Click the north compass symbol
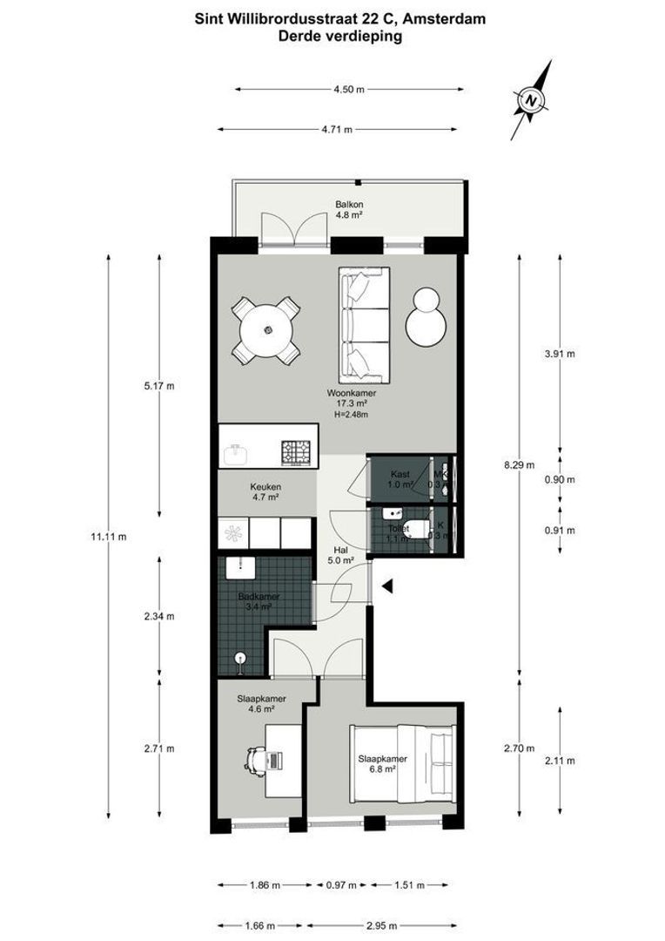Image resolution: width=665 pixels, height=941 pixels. [530, 100]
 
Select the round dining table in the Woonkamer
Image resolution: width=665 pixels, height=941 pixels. [267, 330]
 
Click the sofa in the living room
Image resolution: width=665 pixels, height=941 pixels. [366, 325]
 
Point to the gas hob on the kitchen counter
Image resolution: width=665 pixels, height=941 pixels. [294, 451]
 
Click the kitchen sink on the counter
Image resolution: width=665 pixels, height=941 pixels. [235, 451]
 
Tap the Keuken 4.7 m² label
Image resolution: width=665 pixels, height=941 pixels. [265, 492]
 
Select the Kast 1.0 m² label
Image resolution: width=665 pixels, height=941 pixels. [400, 479]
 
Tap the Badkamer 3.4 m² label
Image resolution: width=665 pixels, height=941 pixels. [256, 602]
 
